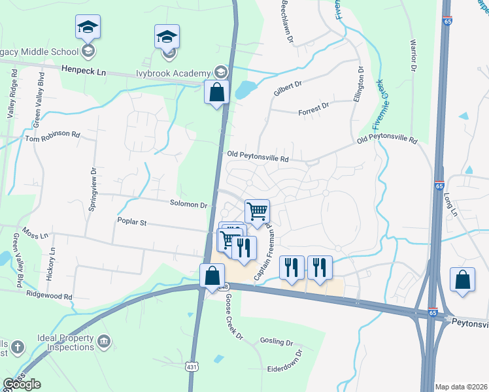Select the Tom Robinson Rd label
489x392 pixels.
(52, 137)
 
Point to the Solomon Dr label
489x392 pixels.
(188, 204)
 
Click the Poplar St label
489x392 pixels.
(131, 223)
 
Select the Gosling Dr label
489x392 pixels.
(277, 342)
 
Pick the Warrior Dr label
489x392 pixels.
(413, 55)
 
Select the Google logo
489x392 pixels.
(22, 384)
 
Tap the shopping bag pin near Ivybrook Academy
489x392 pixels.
(216, 92)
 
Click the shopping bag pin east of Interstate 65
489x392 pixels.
(462, 280)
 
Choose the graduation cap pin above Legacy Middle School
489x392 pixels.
(88, 27)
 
